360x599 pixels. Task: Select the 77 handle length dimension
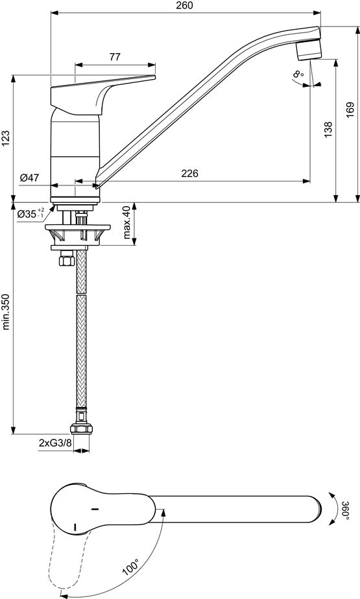[x=115, y=57]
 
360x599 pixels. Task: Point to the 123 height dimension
[x=5, y=139]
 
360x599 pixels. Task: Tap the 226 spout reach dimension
[x=190, y=174]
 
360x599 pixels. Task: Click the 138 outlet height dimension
[x=328, y=130]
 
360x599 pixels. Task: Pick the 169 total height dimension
[x=350, y=110]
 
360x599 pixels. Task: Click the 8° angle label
[x=299, y=73]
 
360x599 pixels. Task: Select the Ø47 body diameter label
[x=29, y=178]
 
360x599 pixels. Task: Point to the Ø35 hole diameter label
[x=30, y=213]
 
